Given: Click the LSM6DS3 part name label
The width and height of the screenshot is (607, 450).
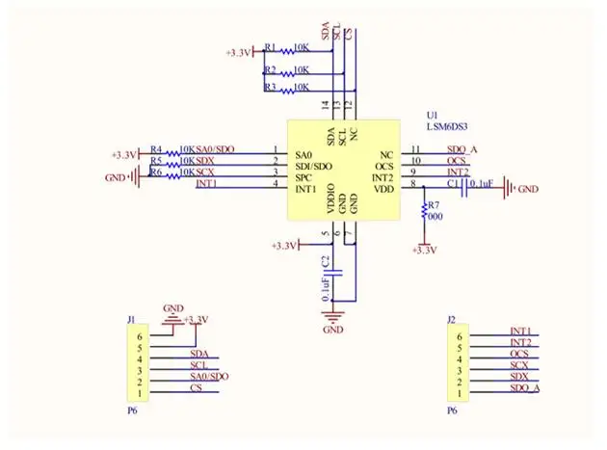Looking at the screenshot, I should click(x=449, y=125).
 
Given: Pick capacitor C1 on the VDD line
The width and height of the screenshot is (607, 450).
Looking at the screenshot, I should click(x=464, y=189).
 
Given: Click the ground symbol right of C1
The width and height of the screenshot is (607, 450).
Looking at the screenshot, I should click(x=510, y=190).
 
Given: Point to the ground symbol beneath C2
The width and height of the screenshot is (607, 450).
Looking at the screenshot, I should click(x=333, y=316).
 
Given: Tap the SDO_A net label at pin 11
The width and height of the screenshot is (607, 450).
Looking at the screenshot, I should click(x=462, y=149).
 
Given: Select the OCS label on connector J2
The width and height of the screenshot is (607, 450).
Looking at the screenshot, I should click(x=519, y=354).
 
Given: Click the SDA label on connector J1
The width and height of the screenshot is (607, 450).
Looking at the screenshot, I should click(x=198, y=354).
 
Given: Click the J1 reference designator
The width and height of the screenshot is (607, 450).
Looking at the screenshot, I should click(x=131, y=318).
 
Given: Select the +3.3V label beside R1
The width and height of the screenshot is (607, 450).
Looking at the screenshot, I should click(x=238, y=52).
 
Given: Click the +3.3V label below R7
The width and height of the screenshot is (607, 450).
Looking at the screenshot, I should click(x=424, y=250).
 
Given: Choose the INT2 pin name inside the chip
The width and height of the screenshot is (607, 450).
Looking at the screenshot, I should click(x=383, y=177).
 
